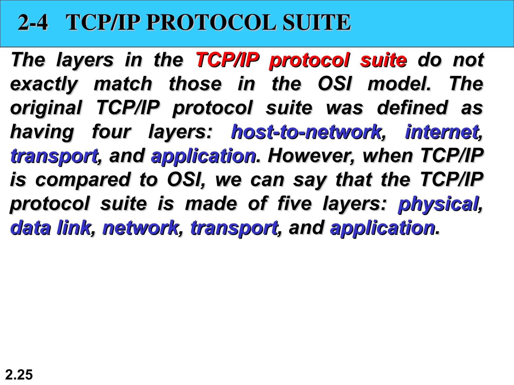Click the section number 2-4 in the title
pos(33,23)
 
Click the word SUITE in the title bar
pos(316,23)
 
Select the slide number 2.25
pos(19,375)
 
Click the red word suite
pos(383,60)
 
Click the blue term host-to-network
pos(306,132)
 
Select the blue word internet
pos(442,132)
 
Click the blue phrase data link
pos(50,228)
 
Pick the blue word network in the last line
pos(141,228)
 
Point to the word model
pos(399,84)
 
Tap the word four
pos(111,132)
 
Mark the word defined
pos(412,108)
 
